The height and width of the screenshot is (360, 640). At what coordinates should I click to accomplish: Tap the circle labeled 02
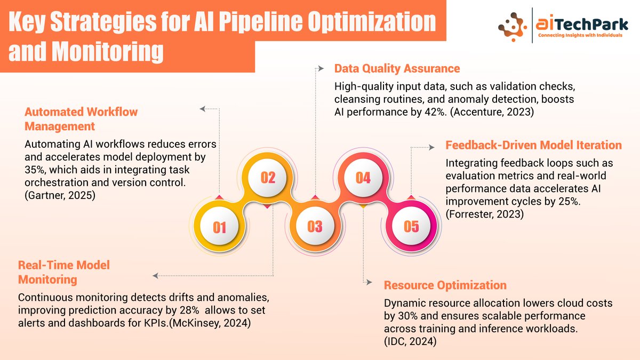pyautogui.click(x=267, y=178)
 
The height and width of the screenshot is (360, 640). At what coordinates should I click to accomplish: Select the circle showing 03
pyautogui.click(x=315, y=227)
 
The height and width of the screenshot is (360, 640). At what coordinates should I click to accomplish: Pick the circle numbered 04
pyautogui.click(x=363, y=178)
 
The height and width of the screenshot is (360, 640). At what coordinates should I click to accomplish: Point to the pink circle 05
pyautogui.click(x=411, y=227)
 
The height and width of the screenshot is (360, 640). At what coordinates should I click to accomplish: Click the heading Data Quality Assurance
pyautogui.click(x=397, y=69)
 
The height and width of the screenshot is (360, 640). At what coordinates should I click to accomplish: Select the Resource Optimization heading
pyautogui.click(x=445, y=285)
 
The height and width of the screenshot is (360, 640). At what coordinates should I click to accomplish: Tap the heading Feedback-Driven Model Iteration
pyautogui.click(x=533, y=145)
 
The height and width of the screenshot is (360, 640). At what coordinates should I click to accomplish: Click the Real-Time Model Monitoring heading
pyautogui.click(x=64, y=272)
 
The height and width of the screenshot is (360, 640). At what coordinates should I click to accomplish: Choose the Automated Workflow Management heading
pyautogui.click(x=81, y=119)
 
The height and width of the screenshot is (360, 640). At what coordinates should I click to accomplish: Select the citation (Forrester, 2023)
pyautogui.click(x=485, y=214)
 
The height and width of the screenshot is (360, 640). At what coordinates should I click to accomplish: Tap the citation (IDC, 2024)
pyautogui.click(x=410, y=341)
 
